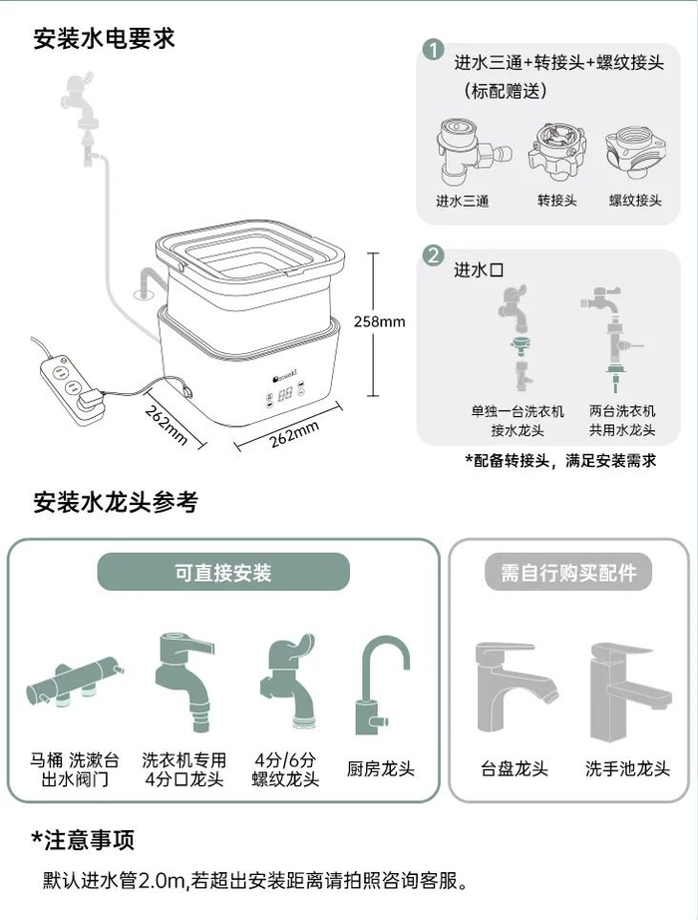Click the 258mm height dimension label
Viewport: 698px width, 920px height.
tap(379, 321)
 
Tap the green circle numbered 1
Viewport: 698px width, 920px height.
tap(433, 50)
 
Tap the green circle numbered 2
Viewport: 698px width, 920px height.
tap(434, 255)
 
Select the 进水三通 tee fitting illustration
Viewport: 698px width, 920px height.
tap(473, 152)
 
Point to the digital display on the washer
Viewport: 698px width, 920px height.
tap(285, 394)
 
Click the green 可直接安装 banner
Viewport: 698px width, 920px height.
tap(223, 572)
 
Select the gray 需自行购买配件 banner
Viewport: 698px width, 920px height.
tap(567, 572)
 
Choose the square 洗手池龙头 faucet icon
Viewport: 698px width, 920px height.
tap(630, 692)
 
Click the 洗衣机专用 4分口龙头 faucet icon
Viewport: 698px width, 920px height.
tap(183, 682)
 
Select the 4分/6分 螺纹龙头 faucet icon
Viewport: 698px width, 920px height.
tap(287, 681)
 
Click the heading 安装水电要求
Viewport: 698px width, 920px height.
tap(104, 38)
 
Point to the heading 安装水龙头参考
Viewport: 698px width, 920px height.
tap(116, 502)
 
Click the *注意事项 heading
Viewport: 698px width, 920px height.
tap(83, 839)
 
